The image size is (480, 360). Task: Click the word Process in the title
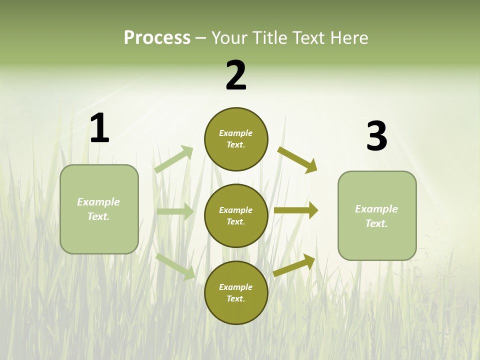click(x=157, y=38)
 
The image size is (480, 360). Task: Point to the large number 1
click(x=99, y=128)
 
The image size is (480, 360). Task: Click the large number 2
click(x=236, y=75)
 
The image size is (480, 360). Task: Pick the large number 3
click(x=376, y=136)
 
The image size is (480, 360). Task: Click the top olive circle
click(x=236, y=139)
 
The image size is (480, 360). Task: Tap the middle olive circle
click(x=236, y=215)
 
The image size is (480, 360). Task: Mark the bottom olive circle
click(x=236, y=292)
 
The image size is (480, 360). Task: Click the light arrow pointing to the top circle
click(x=174, y=159)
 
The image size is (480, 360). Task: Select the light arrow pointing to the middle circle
click(x=175, y=211)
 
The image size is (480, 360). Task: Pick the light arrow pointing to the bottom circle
click(x=175, y=266)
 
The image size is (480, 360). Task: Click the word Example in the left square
click(x=98, y=202)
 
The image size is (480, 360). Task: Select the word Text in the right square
click(x=376, y=223)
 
